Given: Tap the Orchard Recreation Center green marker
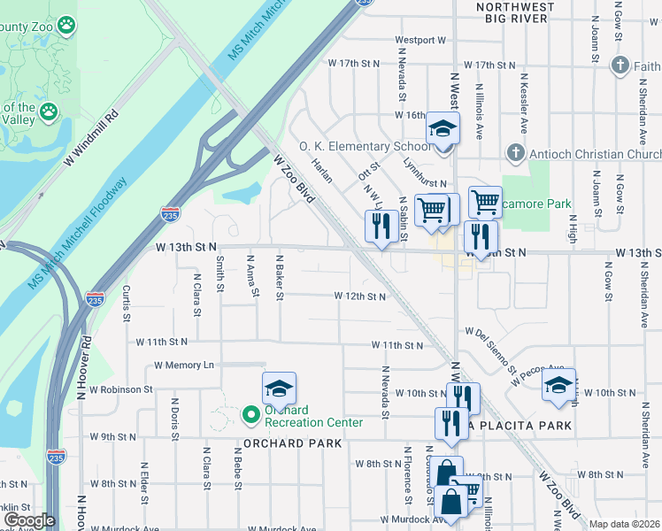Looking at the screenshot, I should (x=250, y=413).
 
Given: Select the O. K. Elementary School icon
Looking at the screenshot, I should (x=442, y=130).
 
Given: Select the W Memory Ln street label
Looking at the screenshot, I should (x=184, y=365).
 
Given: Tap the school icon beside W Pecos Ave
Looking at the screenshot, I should (x=558, y=386).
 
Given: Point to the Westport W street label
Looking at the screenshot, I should (x=420, y=40).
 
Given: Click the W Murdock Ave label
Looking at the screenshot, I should (x=412, y=519).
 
